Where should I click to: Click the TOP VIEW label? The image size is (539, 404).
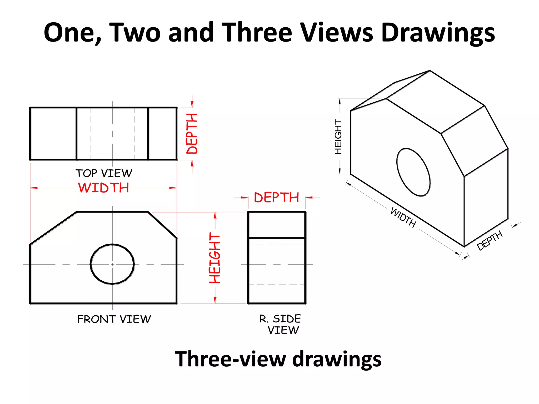pyautogui.click(x=104, y=173)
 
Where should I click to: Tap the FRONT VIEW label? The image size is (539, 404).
pyautogui.click(x=114, y=319)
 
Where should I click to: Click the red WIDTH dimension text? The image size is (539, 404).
pyautogui.click(x=103, y=188)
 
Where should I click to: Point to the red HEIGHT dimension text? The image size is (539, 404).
pyautogui.click(x=215, y=258)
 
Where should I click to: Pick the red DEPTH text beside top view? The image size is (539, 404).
pyautogui.click(x=192, y=134)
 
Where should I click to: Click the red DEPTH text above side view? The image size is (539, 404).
pyautogui.click(x=277, y=198)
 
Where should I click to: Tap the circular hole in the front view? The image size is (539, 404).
pyautogui.click(x=112, y=264)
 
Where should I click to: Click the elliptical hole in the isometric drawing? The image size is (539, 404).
pyautogui.click(x=413, y=172)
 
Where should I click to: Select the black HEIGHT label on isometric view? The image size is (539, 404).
pyautogui.click(x=338, y=137)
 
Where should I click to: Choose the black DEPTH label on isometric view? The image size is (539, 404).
pyautogui.click(x=490, y=240)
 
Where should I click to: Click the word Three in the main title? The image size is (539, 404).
pyautogui.click(x=257, y=33)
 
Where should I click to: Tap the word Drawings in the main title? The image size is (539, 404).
pyautogui.click(x=438, y=33)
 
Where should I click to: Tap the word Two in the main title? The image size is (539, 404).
pyautogui.click(x=134, y=33)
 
